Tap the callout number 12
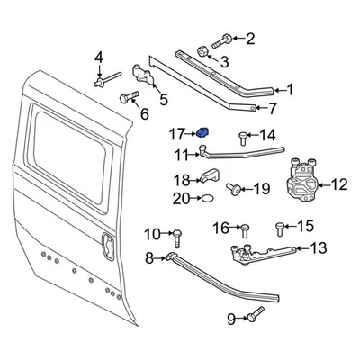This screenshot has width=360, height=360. click(338, 185)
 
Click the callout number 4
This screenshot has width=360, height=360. click(99, 58)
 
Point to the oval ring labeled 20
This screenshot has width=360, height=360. click(207, 197)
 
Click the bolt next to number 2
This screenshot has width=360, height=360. click(224, 39)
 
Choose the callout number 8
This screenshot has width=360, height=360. click(150, 259)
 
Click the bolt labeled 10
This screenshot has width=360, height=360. click(175, 236)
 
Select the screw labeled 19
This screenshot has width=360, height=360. click(235, 189)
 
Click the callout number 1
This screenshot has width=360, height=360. click(289, 90)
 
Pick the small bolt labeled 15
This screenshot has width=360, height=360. click(282, 225)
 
